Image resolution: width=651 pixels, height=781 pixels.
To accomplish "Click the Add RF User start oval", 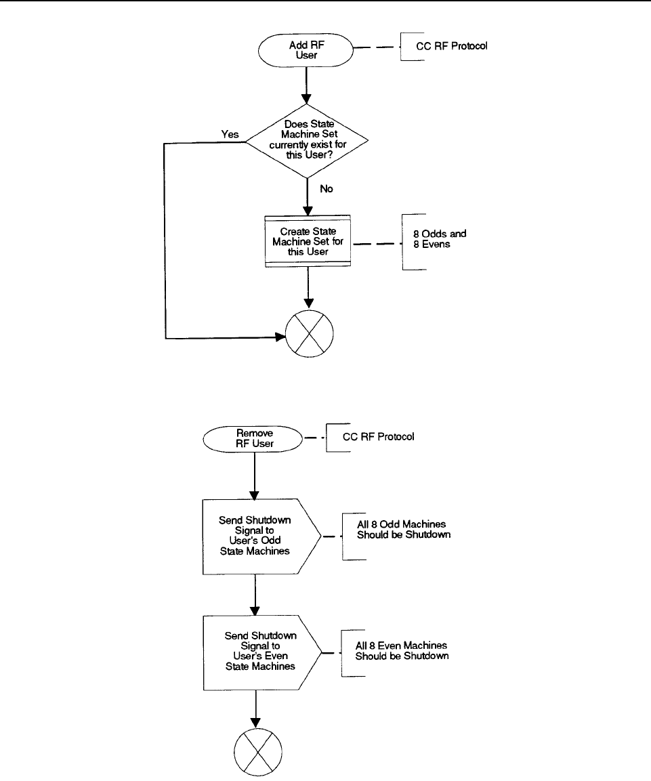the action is (306, 50).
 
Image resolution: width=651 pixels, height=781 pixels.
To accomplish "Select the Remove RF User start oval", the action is (253, 439).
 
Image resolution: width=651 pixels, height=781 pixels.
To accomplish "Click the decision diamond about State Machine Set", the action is (308, 140).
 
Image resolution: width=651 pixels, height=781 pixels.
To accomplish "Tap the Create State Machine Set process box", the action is (308, 242).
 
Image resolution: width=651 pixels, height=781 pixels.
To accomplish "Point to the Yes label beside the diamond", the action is (230, 135).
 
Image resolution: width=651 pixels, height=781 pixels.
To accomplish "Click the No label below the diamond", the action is (327, 189).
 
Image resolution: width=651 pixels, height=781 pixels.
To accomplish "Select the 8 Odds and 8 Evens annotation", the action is (440, 239).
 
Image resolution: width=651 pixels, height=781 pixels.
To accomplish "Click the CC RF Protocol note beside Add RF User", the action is (452, 46).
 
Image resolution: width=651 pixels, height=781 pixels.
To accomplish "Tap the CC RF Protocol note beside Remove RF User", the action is (378, 437).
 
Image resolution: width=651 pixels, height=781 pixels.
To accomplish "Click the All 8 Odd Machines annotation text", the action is (404, 530).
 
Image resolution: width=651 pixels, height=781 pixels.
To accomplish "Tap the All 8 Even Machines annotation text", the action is (402, 650).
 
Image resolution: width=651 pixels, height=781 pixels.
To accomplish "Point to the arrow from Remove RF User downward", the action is (255, 476).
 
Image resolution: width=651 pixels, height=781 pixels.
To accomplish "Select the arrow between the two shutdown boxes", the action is (255, 595).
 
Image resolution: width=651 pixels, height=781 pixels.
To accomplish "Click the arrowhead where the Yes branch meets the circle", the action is (281, 337).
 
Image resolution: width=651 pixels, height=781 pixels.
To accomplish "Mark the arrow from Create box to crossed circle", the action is (308, 288).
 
